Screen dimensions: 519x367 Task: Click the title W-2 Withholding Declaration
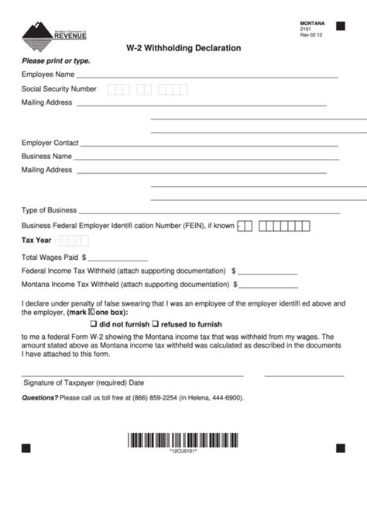pyautogui.click(x=183, y=48)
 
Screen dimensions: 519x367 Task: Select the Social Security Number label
pyautogui.click(x=59, y=89)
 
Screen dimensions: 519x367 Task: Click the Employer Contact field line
pyautogui.click(x=209, y=146)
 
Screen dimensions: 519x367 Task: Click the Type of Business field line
pyautogui.click(x=209, y=213)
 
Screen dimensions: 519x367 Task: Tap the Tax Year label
pyautogui.click(x=36, y=240)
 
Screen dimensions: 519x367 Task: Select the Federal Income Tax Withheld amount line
pyautogui.click(x=267, y=273)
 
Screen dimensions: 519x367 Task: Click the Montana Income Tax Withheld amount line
pyautogui.click(x=267, y=287)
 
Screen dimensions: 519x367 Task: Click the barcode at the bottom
pyautogui.click(x=183, y=441)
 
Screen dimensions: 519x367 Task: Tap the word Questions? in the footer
pyautogui.click(x=39, y=398)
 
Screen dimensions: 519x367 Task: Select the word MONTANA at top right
pyautogui.click(x=312, y=24)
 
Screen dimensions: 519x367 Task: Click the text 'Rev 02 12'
pyautogui.click(x=312, y=35)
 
